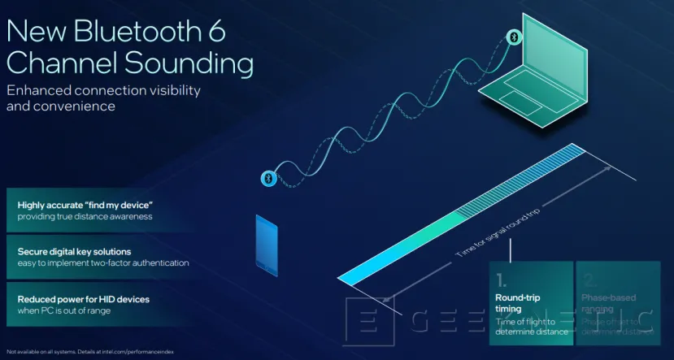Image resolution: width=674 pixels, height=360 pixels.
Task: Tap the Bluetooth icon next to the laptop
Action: pyautogui.click(x=513, y=37)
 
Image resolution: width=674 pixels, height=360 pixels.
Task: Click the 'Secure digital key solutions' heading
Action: pyautogui.click(x=74, y=251)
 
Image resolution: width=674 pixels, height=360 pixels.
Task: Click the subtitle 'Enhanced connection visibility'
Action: pyautogui.click(x=103, y=90)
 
